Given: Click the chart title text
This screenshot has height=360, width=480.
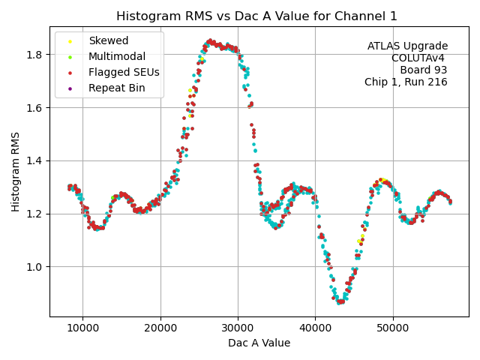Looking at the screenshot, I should pyautogui.click(x=257, y=16).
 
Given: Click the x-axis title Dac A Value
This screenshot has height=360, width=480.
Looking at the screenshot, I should pyautogui.click(x=259, y=343).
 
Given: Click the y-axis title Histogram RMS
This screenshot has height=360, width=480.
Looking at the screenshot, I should pyautogui.click(x=16, y=172).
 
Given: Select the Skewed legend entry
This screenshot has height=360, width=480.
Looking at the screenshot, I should pyautogui.click(x=108, y=41).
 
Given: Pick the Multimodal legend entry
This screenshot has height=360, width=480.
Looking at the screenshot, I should pyautogui.click(x=117, y=57).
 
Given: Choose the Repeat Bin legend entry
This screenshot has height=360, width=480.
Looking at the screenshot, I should pyautogui.click(x=116, y=88).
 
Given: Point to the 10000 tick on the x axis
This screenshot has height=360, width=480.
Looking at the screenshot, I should pyautogui.click(x=82, y=327).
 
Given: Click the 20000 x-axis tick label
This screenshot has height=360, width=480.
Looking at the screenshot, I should pyautogui.click(x=160, y=327).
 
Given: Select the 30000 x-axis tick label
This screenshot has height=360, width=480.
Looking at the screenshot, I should pyautogui.click(x=238, y=327).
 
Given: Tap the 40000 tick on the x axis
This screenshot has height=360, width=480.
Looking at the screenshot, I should pyautogui.click(x=316, y=327).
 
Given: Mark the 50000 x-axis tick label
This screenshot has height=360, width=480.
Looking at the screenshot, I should pyautogui.click(x=393, y=327).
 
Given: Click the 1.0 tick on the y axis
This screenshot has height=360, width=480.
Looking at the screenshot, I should pyautogui.click(x=35, y=267).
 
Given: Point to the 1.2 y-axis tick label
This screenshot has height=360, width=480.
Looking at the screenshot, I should pyautogui.click(x=35, y=214).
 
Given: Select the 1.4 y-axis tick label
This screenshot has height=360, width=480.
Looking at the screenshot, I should pyautogui.click(x=35, y=160).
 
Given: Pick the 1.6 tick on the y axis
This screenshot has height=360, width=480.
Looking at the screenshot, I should pyautogui.click(x=35, y=107).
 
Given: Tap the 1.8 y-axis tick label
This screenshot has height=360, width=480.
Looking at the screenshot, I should pyautogui.click(x=35, y=55).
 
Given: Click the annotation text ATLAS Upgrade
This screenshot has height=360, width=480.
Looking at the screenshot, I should pyautogui.click(x=407, y=46).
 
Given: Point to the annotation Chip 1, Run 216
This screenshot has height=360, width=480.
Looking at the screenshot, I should pyautogui.click(x=406, y=82).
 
